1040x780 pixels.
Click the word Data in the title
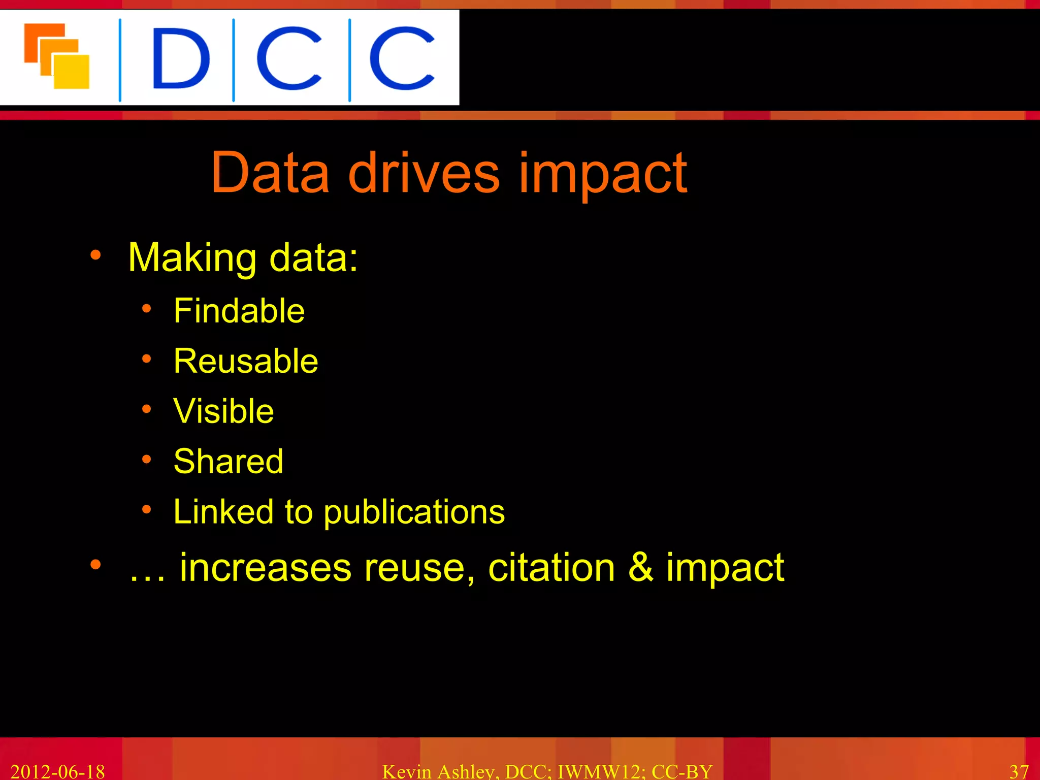pos(270,173)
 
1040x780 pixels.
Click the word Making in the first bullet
pos(192,258)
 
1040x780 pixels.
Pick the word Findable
pos(239,311)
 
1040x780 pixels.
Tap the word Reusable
pos(246,361)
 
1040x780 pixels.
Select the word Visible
pos(223,411)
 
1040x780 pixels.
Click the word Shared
pos(229,461)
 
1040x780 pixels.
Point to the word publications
pos(414,513)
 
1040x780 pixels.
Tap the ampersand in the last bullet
pos(641,567)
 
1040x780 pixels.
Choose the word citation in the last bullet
pos(551,567)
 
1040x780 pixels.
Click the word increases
pos(266,568)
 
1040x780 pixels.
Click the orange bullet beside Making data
pos(95,255)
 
